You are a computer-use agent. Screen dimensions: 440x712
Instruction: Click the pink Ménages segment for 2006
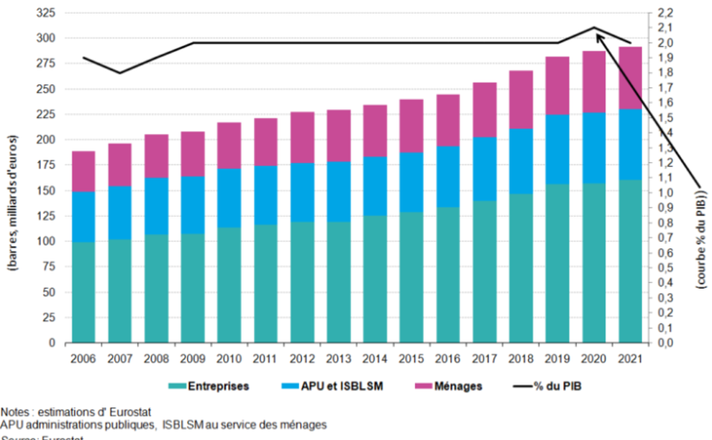[83, 171]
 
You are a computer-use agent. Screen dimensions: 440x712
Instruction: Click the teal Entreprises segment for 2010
[229, 285]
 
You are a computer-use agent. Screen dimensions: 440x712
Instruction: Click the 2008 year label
[156, 356]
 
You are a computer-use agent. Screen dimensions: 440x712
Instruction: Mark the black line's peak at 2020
[595, 28]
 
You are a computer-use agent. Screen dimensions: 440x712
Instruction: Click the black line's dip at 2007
[119, 73]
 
